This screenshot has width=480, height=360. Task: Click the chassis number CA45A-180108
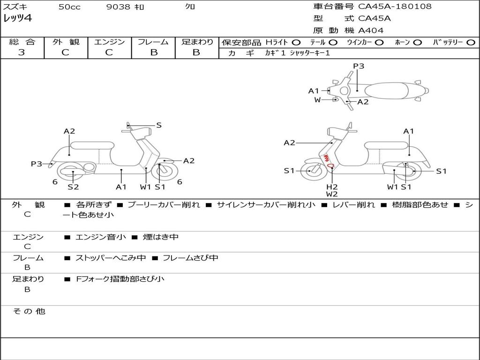coord(395,7)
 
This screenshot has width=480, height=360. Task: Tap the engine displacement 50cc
coord(69,7)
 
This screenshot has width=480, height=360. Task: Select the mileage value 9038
coord(118,7)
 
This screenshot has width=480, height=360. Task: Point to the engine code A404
coord(371,30)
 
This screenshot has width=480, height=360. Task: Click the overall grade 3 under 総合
coord(22,52)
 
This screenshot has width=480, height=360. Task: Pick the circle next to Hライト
coord(296,42)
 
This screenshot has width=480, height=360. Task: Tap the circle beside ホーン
coord(417,42)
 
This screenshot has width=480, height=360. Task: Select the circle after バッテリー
coord(471,42)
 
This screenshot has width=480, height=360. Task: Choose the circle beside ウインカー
coord(379,42)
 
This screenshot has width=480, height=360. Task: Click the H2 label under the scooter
coord(332,187)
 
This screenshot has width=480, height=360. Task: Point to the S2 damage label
coord(73,187)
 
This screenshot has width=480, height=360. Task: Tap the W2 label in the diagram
coord(332,194)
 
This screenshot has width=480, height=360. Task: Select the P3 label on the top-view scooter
coord(359,66)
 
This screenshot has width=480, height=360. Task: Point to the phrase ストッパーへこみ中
coord(111,258)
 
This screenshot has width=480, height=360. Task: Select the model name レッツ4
coord(17,19)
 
